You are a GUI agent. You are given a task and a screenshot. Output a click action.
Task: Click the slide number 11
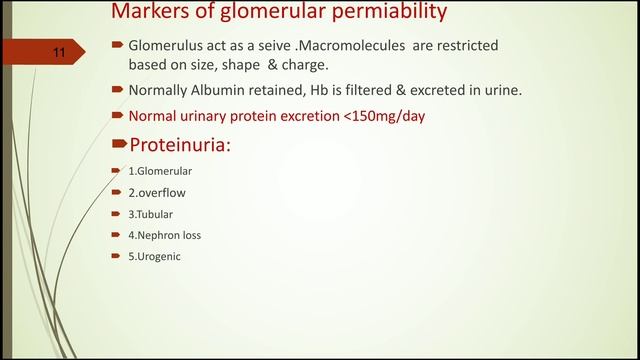(x=58, y=53)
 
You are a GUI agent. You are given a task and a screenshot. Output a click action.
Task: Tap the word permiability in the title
(x=370, y=13)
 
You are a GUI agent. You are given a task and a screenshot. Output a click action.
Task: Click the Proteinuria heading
(x=180, y=145)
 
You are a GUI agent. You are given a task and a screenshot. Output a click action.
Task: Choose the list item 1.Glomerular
(x=160, y=171)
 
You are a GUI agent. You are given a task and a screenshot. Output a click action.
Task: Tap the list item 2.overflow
(x=157, y=192)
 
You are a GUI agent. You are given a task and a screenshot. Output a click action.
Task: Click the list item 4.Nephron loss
(x=163, y=235)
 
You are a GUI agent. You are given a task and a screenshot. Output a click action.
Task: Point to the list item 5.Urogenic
(x=155, y=256)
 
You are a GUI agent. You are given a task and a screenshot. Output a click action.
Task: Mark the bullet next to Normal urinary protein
(x=117, y=116)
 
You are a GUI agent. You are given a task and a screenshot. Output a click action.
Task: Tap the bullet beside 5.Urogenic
(x=117, y=256)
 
